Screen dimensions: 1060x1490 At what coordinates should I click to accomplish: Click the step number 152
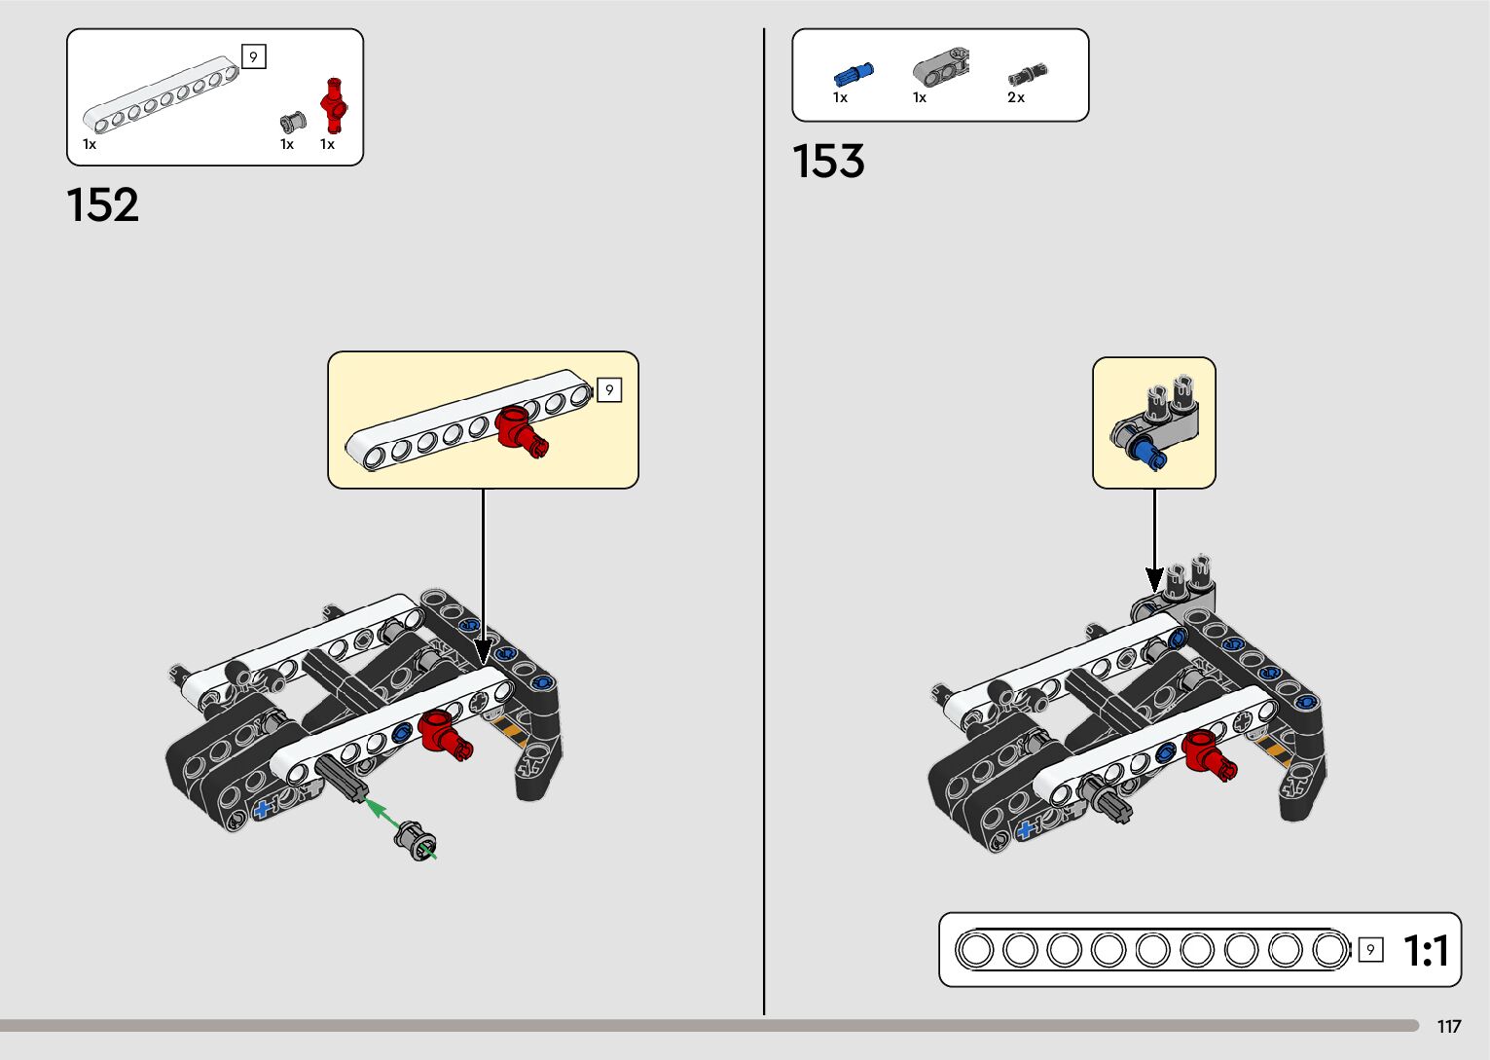[x=102, y=205]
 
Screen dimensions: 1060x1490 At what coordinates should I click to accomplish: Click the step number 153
[x=828, y=162]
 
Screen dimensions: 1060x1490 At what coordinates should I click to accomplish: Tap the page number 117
[x=1449, y=1027]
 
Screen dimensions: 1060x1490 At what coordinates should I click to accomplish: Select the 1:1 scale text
[x=1426, y=950]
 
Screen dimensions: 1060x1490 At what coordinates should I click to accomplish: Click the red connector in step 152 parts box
[x=335, y=106]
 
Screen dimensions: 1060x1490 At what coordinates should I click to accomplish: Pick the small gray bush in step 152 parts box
[x=292, y=122]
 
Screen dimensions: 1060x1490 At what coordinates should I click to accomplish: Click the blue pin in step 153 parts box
[x=854, y=74]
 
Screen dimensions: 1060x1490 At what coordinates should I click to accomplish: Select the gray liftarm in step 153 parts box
[x=940, y=67]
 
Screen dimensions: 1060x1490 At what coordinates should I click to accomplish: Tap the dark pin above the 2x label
[x=1026, y=74]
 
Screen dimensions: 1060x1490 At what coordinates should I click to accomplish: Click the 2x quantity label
[x=1016, y=97]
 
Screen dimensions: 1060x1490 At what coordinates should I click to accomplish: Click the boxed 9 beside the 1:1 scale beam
[x=1370, y=950]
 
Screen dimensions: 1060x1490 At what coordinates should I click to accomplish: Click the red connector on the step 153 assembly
[x=1208, y=753]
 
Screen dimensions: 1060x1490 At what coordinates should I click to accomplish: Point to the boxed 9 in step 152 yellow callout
[x=609, y=390]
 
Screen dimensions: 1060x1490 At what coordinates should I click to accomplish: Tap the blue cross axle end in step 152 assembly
[x=262, y=809]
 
